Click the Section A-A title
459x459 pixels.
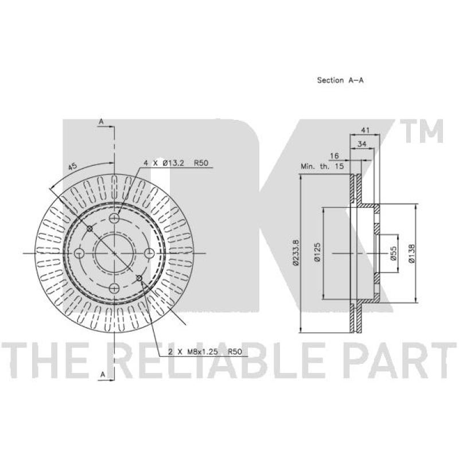[340, 80]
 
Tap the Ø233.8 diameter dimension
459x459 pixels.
[296, 252]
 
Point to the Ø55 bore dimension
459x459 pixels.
[393, 253]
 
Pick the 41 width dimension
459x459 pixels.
[365, 130]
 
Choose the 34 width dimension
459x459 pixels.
[362, 144]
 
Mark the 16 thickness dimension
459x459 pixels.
[334, 155]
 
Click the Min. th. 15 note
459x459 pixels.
[322, 166]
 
